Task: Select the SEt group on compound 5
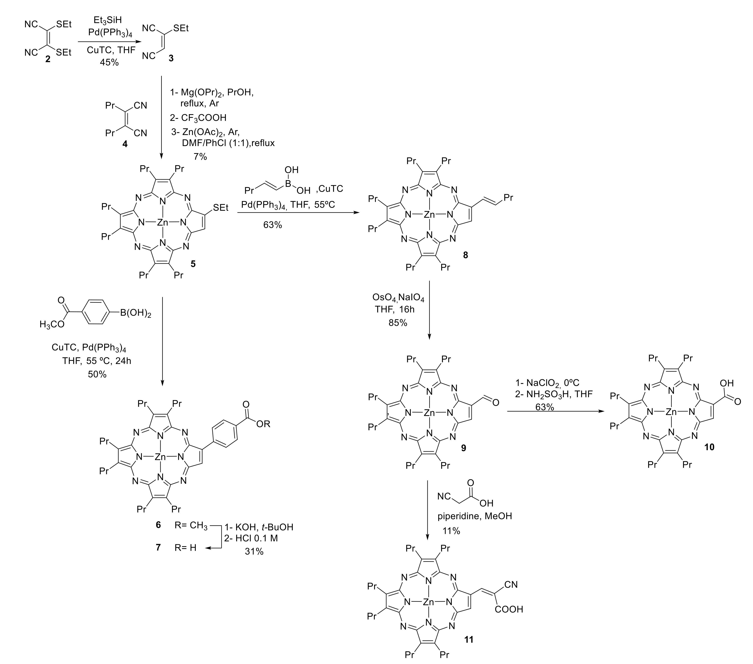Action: [x=220, y=208]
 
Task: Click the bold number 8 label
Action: [x=465, y=255]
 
